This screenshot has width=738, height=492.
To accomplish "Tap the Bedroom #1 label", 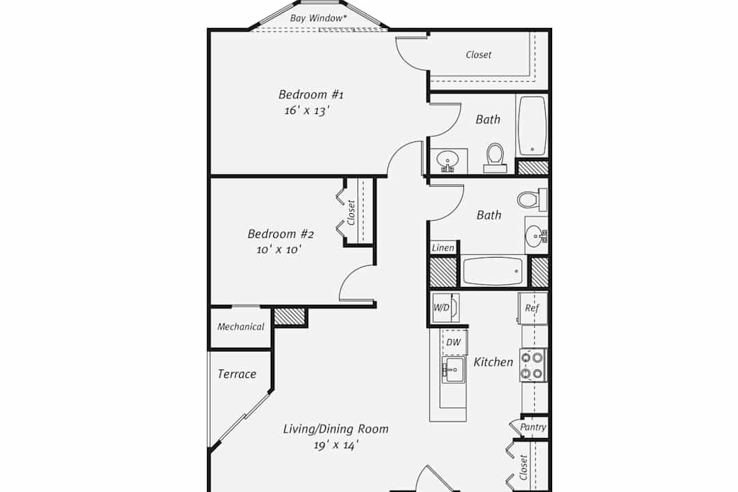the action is [x=311, y=94].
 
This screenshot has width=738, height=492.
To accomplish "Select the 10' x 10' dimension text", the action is [x=279, y=249].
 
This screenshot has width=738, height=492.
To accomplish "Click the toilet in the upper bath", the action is [x=495, y=158].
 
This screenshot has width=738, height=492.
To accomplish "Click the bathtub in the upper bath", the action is [x=532, y=126].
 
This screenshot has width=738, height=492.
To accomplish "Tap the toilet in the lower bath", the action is [x=532, y=199].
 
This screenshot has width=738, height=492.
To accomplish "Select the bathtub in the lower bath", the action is [x=493, y=271].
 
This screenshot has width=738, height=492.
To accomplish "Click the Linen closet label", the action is [x=443, y=247].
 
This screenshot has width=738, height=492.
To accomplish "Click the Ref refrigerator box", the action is [x=532, y=308].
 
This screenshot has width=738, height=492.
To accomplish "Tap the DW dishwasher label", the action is [x=454, y=342].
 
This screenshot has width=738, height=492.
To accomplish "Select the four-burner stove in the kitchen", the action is [x=533, y=366].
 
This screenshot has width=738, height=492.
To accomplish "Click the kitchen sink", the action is [x=453, y=370].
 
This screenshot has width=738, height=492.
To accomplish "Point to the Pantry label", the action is [x=533, y=427].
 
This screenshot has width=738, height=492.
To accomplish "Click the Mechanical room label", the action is [x=241, y=327].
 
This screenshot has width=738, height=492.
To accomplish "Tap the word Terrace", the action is [x=236, y=374].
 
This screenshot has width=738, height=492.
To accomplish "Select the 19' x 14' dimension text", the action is [x=336, y=445].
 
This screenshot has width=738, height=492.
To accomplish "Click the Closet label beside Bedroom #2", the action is [x=351, y=213].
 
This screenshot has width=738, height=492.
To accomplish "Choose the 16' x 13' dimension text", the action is [x=306, y=111].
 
